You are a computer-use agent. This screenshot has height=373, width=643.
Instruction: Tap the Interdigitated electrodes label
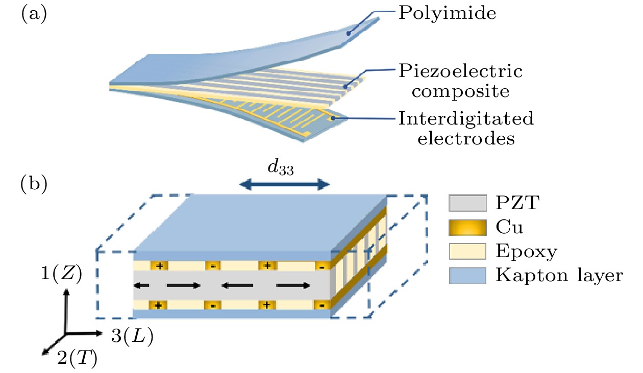coord(465,128)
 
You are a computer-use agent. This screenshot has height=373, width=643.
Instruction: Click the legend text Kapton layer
coord(558,276)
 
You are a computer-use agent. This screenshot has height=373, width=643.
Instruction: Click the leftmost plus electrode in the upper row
coord(159,266)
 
